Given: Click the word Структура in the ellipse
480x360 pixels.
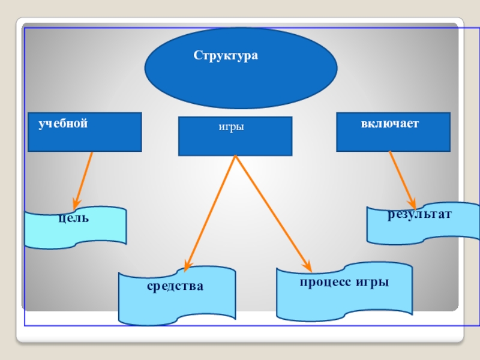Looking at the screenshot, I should (225, 56).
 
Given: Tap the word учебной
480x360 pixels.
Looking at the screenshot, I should (63, 124).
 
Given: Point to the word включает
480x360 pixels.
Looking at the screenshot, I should (389, 124).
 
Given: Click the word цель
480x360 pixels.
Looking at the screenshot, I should (74, 218).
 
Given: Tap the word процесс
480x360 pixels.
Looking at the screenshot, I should (324, 282).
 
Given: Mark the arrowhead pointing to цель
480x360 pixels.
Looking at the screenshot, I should (76, 203).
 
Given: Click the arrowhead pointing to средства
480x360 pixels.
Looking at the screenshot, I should (188, 266).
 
